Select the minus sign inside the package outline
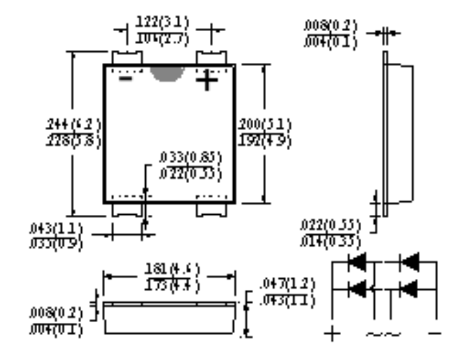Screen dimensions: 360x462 click(x=126, y=79)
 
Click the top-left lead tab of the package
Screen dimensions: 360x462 click(x=127, y=58)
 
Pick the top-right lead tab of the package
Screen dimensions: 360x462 click(x=211, y=58)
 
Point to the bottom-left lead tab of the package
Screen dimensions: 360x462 click(x=127, y=210)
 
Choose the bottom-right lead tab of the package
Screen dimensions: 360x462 click(x=211, y=210)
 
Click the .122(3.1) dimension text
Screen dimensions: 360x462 click(x=163, y=23)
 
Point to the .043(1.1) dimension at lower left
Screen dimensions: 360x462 click(x=56, y=229)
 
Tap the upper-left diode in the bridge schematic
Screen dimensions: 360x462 click(x=357, y=262)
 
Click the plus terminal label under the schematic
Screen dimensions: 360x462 click(x=332, y=334)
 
